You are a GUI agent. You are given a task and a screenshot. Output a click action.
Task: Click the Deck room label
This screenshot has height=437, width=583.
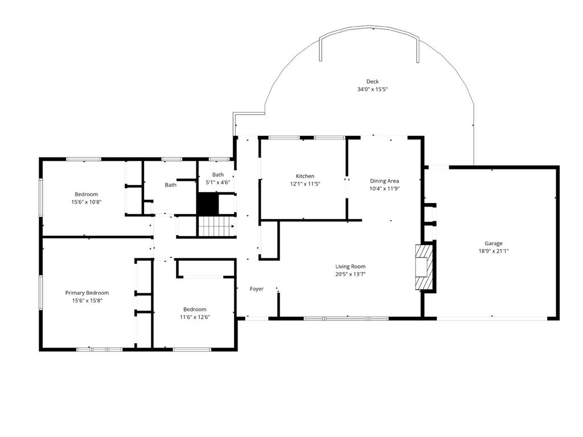pos(372,81)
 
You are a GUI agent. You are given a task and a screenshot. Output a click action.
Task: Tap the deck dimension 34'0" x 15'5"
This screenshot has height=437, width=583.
pos(372,89)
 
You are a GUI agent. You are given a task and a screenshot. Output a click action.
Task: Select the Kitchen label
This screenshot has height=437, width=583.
pos(305,176)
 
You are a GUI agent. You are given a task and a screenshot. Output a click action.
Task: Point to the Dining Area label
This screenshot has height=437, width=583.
pos(384,181)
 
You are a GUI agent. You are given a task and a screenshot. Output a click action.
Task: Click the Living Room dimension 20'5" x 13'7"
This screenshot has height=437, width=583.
pos(350,274)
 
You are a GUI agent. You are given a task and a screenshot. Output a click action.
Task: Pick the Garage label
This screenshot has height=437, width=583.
pos(494,243)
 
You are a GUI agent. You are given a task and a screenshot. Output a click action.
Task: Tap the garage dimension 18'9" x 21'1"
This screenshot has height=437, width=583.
pos(494,251)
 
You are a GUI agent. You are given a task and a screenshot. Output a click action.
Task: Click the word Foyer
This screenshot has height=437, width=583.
pos(257,289)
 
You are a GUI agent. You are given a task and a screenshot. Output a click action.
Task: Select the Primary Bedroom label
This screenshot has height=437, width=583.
pos(87,293)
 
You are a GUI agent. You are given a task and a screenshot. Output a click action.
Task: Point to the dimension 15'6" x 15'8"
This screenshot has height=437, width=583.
pos(87,300)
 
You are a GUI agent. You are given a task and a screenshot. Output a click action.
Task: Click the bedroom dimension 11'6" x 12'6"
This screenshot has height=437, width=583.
pos(195,317)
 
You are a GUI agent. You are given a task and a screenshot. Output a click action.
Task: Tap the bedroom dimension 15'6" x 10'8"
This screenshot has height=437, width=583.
pos(87,202)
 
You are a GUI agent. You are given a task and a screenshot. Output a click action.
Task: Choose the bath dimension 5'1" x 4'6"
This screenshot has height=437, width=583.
pos(217,183)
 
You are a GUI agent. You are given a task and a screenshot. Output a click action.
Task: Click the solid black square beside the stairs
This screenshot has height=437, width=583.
pos(208,203)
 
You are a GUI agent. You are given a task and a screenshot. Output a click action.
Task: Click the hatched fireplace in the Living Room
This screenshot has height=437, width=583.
pos(424,267)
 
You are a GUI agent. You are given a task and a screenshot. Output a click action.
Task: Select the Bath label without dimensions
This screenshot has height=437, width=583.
pos(170,185)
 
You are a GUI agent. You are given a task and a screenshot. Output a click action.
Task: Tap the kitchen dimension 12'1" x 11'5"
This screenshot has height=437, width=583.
pos(305,184)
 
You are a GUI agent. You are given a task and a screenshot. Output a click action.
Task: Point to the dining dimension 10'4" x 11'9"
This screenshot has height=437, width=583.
pos(384,189)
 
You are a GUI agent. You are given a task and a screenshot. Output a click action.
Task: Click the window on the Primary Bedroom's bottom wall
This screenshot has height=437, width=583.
pos(100,349)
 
